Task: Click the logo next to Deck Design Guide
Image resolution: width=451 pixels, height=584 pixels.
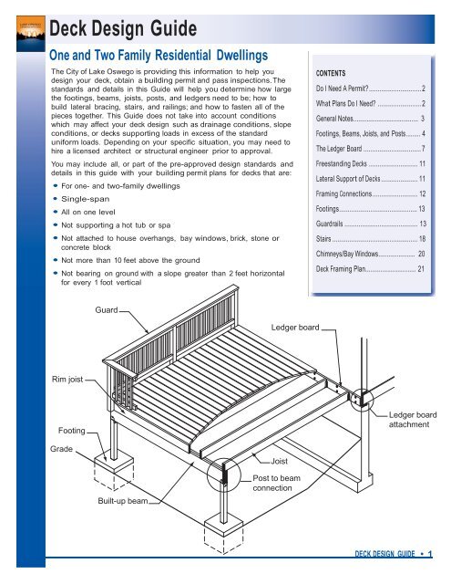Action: tap(31, 33)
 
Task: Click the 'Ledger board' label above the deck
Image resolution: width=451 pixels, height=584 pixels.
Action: tap(295, 328)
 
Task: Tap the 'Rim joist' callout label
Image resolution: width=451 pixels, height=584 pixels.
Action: tap(67, 380)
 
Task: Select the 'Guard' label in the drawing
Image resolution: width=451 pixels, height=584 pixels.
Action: tap(107, 310)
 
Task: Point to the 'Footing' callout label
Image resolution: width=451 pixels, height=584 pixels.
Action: tap(72, 431)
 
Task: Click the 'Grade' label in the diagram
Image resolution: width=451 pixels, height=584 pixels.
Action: tap(61, 449)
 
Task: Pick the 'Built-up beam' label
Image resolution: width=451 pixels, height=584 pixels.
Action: tap(123, 501)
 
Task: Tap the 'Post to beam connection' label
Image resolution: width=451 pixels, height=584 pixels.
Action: tap(276, 483)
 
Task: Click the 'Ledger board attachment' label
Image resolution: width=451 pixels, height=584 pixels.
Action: tap(413, 420)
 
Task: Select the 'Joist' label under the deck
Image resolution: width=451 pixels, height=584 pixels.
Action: tap(279, 461)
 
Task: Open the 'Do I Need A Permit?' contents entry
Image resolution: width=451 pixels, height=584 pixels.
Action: tap(370, 89)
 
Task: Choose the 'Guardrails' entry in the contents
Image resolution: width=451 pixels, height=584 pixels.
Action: tap(371, 224)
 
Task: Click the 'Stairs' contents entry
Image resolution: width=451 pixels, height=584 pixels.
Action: tap(371, 239)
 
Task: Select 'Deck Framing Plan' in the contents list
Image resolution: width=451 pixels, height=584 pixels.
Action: tap(370, 268)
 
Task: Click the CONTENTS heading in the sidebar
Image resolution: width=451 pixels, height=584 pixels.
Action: tap(331, 73)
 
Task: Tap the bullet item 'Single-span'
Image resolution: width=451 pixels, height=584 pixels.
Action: tap(85, 199)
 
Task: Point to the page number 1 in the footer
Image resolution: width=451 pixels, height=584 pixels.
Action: tap(430, 554)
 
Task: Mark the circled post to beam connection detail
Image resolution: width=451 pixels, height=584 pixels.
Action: tap(224, 475)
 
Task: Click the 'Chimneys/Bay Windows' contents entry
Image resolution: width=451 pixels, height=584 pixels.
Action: tap(370, 254)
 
